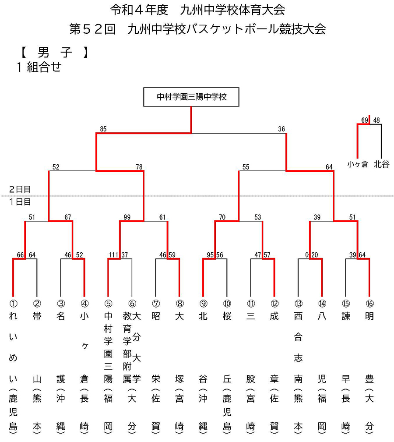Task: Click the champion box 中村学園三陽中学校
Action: (x=191, y=97)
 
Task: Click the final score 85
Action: (x=103, y=129)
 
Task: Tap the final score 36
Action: (x=281, y=129)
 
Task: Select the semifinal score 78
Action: (x=139, y=166)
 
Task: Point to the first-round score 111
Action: (x=113, y=255)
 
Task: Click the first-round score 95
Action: (x=211, y=255)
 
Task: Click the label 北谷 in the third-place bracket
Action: (x=381, y=165)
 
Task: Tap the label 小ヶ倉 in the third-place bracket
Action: (x=358, y=165)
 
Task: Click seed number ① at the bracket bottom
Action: (x=13, y=304)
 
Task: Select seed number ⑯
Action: (x=369, y=304)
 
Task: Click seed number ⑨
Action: (x=203, y=304)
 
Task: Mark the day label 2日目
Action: (x=21, y=190)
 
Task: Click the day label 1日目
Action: (x=21, y=202)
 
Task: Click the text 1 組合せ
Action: (x=39, y=67)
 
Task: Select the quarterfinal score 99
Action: (x=127, y=217)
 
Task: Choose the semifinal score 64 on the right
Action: (x=329, y=166)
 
